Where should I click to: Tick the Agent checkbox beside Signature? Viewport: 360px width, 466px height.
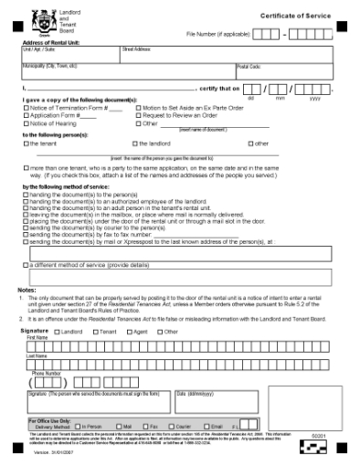(122, 332)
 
